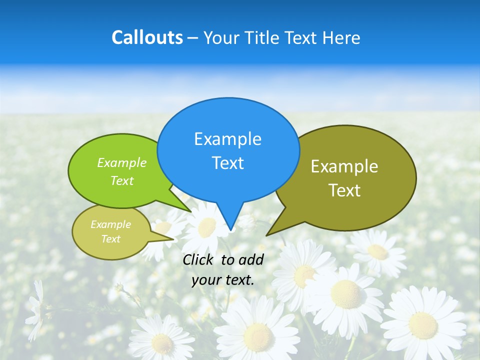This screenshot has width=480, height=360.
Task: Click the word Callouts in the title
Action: coord(147,37)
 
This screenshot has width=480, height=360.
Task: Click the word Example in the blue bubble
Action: coord(227,139)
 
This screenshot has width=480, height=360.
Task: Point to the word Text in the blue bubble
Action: coord(227,163)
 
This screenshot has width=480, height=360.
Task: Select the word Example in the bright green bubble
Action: coord(122,162)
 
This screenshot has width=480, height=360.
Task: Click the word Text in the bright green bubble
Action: coord(122,180)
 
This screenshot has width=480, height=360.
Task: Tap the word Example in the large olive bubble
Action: coord(344,166)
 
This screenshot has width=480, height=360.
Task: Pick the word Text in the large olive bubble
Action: coord(344,190)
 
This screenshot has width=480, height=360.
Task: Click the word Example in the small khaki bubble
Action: coord(110,224)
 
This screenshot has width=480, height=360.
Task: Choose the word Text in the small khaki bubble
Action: coord(110,239)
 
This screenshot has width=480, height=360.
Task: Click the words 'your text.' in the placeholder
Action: coord(222,280)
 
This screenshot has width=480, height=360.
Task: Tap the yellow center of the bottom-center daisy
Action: coord(259,335)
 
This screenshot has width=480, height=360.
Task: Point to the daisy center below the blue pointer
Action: coord(207,227)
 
